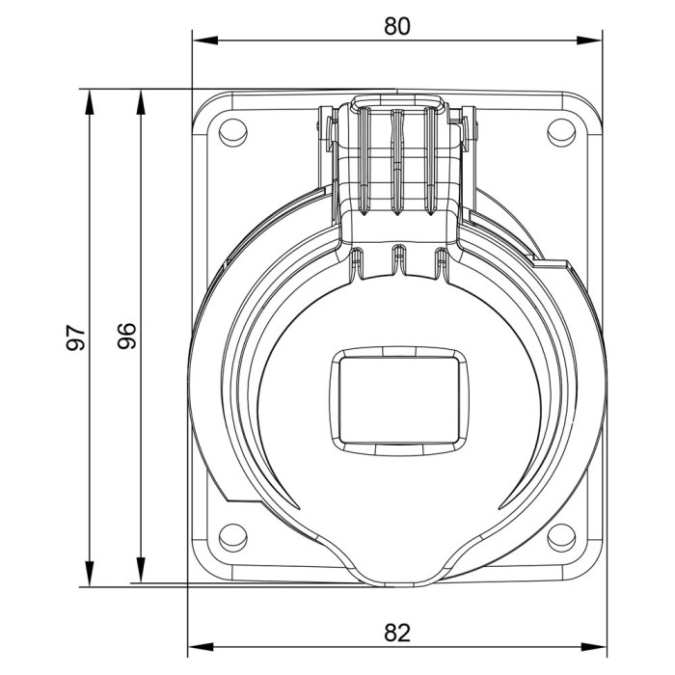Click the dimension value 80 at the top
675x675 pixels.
point(397,26)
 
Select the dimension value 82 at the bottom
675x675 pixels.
point(397,634)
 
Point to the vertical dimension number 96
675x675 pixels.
point(129,335)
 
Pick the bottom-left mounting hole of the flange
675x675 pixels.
point(231,537)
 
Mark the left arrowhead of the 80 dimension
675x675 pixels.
point(200,40)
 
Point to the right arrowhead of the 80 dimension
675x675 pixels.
point(595,40)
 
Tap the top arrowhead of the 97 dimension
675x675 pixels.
point(89,96)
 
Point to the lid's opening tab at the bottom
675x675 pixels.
point(397,575)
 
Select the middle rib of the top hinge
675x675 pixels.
point(396,159)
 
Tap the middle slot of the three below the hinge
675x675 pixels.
point(396,256)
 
